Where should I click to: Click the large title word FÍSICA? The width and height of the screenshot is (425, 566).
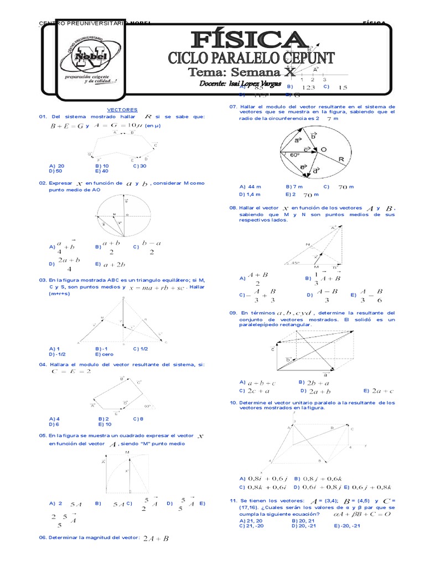[248, 40]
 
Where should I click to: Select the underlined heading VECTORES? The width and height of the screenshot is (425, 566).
[122, 110]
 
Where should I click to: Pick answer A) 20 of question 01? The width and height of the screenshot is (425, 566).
[56, 165]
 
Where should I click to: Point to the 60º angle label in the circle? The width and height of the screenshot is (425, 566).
[294, 155]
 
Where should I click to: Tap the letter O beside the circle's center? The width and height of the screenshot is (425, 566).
[323, 149]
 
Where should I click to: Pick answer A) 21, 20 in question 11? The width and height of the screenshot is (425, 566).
[251, 520]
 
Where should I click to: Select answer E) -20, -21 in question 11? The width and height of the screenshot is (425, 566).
[347, 526]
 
